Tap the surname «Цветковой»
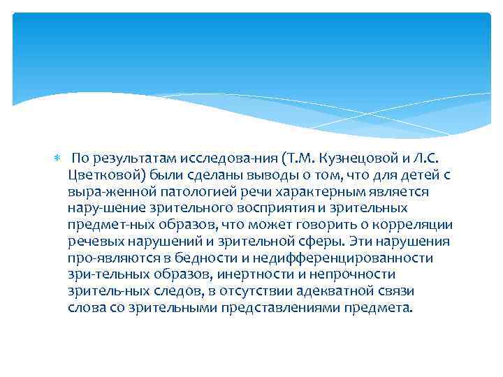click(x=103, y=175)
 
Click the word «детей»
click(x=421, y=175)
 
